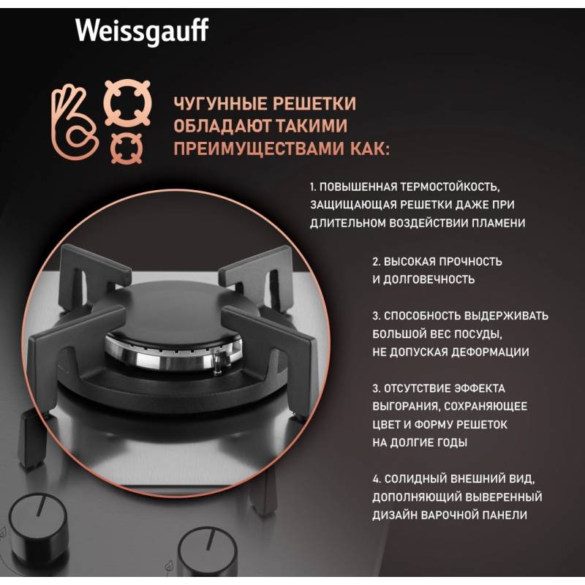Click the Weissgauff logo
coord(142,31)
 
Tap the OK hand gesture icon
coord(75,122)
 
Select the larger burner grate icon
coord(127,103)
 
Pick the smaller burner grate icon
coord(127,148)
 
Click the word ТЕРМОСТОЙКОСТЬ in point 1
coord(450,186)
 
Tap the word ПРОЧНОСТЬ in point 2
coord(470,262)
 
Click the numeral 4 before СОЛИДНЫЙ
coord(376,479)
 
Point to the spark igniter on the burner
coord(220,361)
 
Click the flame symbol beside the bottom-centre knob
coord(170,567)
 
